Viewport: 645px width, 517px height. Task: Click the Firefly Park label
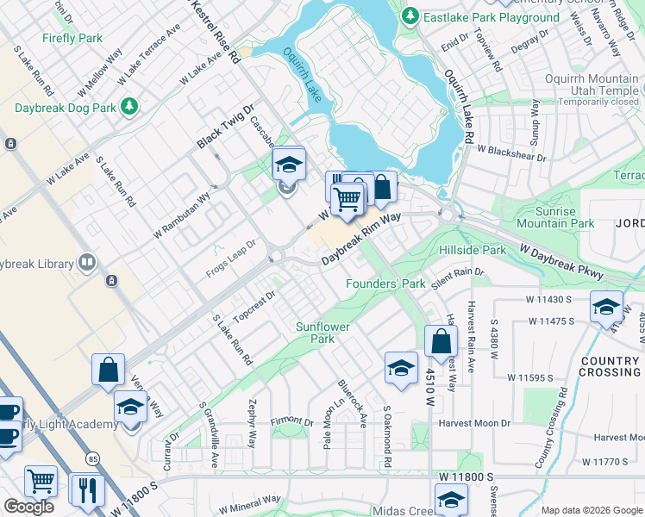click(73, 38)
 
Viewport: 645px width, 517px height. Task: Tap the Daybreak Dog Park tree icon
click(129, 106)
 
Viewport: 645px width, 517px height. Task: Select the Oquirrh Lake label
click(303, 75)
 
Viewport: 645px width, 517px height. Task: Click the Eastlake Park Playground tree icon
click(411, 16)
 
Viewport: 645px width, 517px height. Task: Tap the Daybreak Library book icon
click(86, 262)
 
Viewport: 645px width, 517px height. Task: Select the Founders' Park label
click(385, 283)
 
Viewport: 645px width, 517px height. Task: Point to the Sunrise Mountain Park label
click(553, 217)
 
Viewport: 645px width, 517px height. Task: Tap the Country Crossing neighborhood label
click(611, 366)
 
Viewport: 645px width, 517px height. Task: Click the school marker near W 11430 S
click(606, 307)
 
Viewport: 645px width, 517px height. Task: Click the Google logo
click(28, 507)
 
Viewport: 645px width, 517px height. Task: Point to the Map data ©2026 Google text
click(592, 510)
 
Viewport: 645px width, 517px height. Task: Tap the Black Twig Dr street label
click(227, 125)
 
